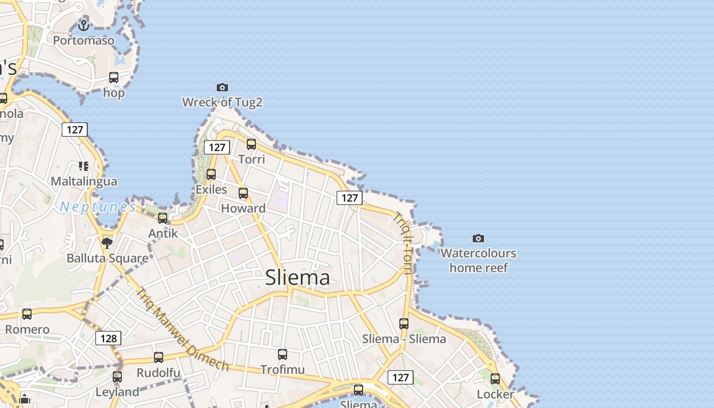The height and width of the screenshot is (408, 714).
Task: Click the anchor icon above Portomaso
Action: click(x=84, y=24)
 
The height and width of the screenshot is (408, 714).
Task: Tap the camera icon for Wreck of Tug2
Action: click(x=222, y=88)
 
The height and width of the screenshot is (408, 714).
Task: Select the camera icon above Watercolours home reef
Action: click(x=478, y=238)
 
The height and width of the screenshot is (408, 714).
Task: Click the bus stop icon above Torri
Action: click(x=251, y=144)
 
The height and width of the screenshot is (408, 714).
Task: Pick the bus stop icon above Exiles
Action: click(x=211, y=174)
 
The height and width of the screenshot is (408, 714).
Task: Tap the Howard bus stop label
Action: click(x=243, y=208)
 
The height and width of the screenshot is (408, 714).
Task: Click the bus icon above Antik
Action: click(x=163, y=218)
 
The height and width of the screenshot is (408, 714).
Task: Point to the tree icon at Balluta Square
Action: click(x=107, y=243)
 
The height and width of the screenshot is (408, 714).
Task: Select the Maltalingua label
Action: click(x=84, y=181)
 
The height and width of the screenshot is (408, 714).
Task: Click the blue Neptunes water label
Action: click(x=97, y=207)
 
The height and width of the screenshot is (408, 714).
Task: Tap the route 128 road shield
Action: click(x=109, y=338)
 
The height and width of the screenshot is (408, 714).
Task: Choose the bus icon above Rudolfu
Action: click(x=159, y=358)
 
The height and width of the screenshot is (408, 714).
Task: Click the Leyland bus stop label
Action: click(x=117, y=392)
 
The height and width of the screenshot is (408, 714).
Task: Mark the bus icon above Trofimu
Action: click(x=283, y=354)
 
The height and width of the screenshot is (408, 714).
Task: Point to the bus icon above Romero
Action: click(x=27, y=314)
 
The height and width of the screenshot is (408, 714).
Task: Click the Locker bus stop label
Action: click(x=495, y=394)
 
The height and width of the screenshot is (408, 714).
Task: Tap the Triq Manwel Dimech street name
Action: click(x=182, y=329)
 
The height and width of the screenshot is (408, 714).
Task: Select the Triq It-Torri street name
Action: click(x=403, y=243)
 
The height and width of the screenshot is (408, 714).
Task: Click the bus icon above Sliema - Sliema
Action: click(x=404, y=323)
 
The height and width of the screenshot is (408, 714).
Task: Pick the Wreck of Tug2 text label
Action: click(x=222, y=103)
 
